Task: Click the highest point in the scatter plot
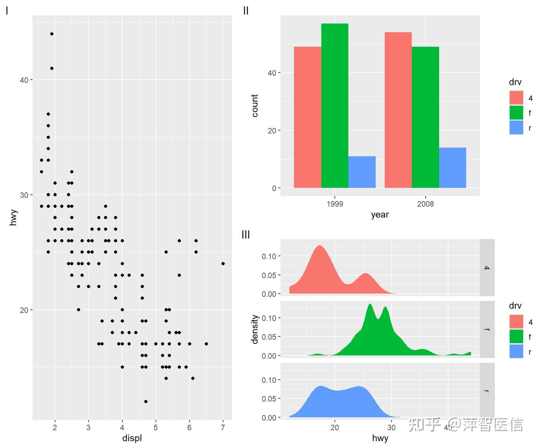[x=52, y=34]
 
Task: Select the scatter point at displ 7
[x=223, y=263]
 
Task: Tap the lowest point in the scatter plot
[x=146, y=402]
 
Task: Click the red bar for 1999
[x=308, y=117]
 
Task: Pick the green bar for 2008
[x=425, y=117]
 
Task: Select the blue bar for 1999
[x=362, y=172]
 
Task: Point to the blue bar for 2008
[x=453, y=168]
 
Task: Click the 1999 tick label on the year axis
[x=335, y=204]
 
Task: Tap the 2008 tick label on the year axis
[x=425, y=204]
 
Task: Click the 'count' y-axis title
[x=255, y=106]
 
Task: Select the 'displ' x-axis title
[x=132, y=438]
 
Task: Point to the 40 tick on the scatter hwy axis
[x=24, y=80]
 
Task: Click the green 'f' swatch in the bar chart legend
[x=516, y=112]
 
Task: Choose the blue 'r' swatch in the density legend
[x=516, y=351]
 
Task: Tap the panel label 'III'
[x=246, y=234]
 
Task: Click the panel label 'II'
[x=246, y=11]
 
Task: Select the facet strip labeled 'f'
[x=487, y=330]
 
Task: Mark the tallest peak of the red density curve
[x=320, y=246]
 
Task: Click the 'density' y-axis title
[x=255, y=330]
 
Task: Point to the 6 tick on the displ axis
[x=189, y=427]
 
